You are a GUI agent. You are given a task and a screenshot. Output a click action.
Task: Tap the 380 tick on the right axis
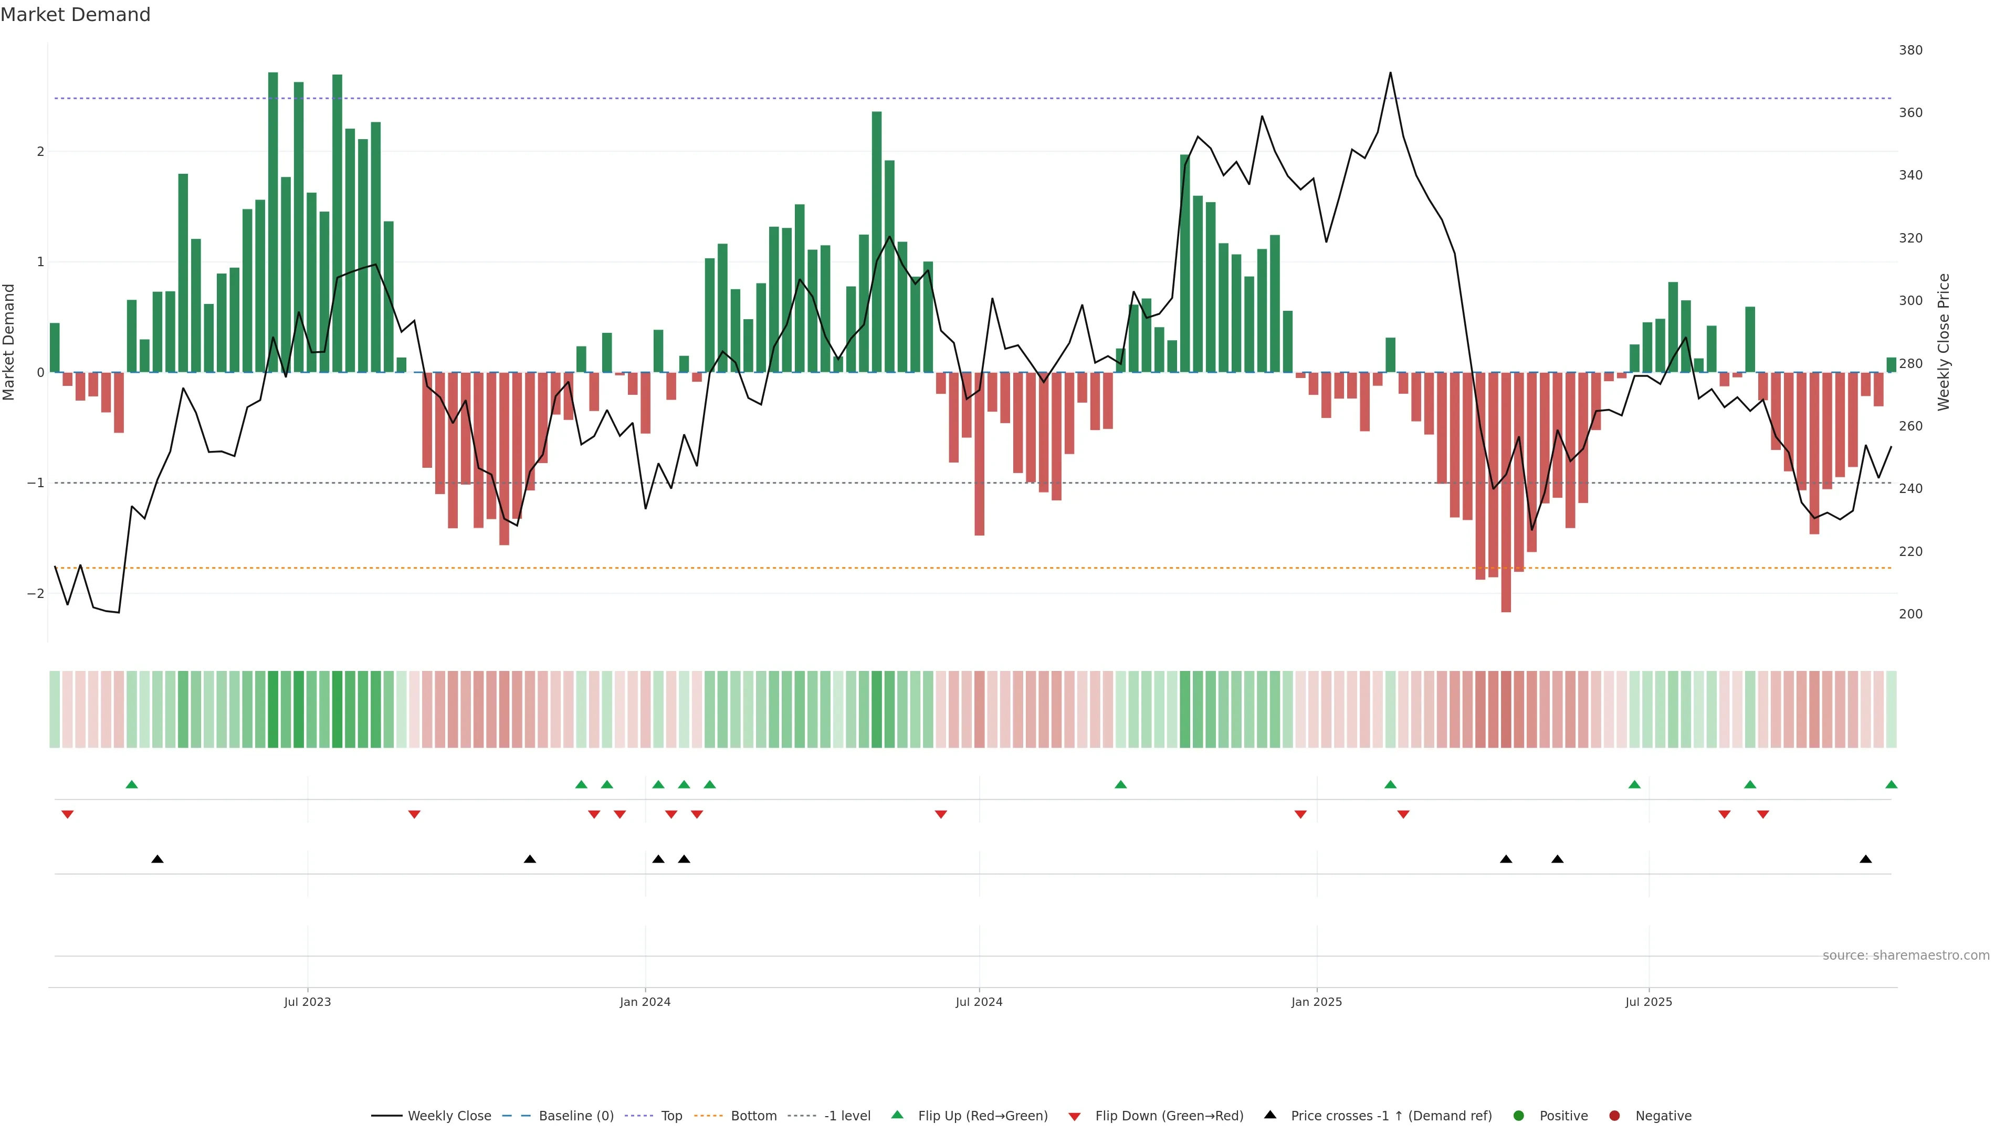pyautogui.click(x=1910, y=50)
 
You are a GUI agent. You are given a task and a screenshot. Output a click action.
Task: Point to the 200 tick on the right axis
pyautogui.click(x=1910, y=614)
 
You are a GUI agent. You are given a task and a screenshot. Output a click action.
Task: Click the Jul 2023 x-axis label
pyautogui.click(x=308, y=1002)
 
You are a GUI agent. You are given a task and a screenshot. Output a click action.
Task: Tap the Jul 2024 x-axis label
pyautogui.click(x=979, y=1002)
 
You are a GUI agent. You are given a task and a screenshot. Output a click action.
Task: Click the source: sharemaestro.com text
pyautogui.click(x=1906, y=955)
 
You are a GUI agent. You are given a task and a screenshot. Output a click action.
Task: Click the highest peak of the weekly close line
pyautogui.click(x=1390, y=73)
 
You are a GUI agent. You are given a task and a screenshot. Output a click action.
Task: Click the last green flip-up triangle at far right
pyautogui.click(x=1891, y=785)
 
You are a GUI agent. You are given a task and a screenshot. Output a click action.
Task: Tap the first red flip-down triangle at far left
pyautogui.click(x=67, y=815)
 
